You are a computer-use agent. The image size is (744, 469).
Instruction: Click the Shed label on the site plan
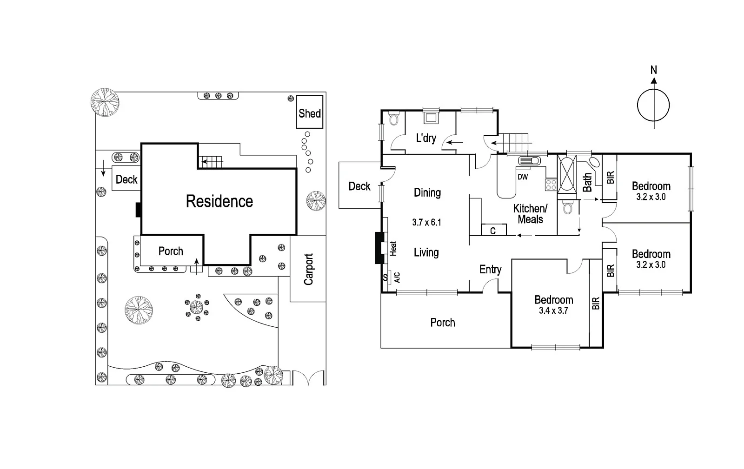click(x=310, y=113)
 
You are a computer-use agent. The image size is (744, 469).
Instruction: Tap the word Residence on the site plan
click(x=219, y=201)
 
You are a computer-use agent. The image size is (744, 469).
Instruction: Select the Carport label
click(x=308, y=269)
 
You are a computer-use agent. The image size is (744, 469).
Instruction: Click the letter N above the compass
click(x=653, y=70)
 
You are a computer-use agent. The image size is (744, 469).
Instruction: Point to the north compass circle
click(x=653, y=106)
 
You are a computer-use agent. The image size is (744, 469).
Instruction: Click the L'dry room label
click(x=426, y=138)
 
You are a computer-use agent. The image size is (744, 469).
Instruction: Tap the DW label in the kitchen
click(x=523, y=177)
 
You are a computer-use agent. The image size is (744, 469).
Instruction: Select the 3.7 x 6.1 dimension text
click(x=426, y=222)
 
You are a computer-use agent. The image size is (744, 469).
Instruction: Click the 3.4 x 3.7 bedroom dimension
click(x=553, y=310)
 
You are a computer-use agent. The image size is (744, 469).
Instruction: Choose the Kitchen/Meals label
click(x=530, y=214)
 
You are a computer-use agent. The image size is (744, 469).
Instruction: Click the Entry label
click(x=491, y=270)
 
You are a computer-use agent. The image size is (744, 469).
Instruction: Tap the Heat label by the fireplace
click(x=394, y=248)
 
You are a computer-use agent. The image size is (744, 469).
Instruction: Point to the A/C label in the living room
click(x=398, y=277)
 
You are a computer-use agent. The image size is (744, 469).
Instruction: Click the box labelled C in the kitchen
click(x=493, y=231)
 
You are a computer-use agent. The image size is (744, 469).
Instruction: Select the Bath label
click(x=587, y=182)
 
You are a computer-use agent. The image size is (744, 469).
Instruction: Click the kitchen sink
click(x=530, y=161)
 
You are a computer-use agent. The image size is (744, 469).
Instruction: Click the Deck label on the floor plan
click(x=359, y=186)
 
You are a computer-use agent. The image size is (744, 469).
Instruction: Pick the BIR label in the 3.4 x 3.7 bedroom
click(x=596, y=304)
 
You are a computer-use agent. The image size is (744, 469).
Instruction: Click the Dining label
click(x=427, y=193)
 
